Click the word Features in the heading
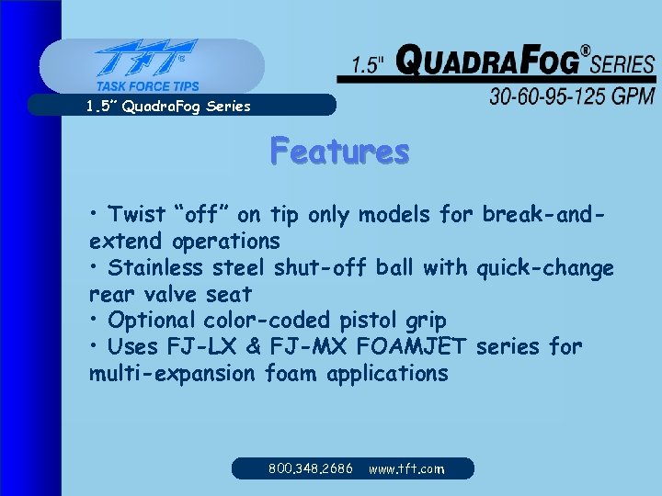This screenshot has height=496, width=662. [x=339, y=151]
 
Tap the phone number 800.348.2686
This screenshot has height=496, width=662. [x=311, y=468]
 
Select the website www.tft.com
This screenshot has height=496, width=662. [x=406, y=468]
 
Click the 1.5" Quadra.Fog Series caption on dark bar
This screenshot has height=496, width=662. [x=168, y=106]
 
